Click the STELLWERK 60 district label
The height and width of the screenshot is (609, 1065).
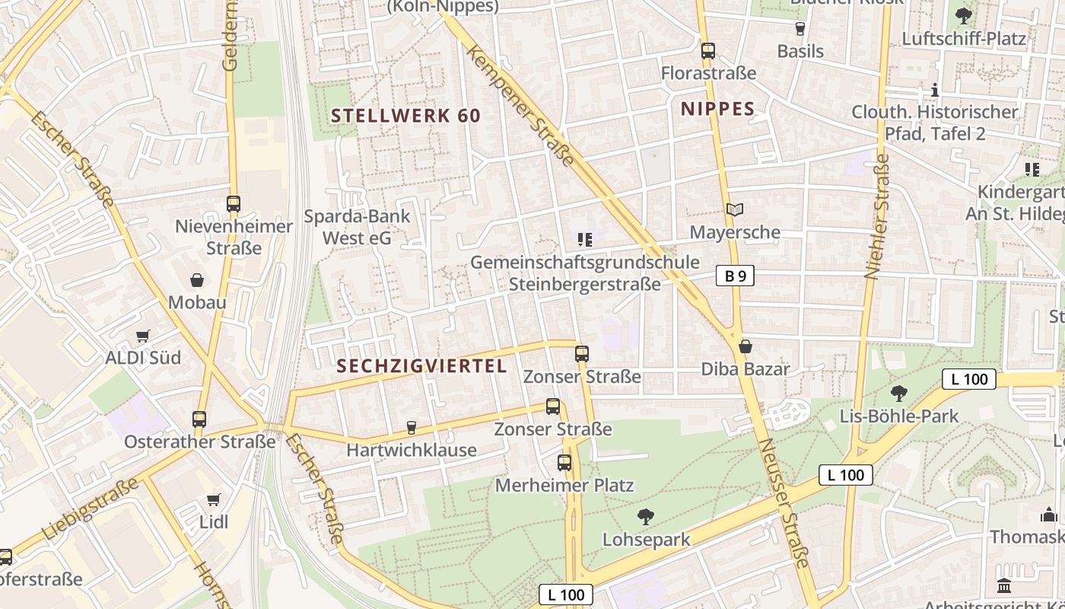(x=406, y=116)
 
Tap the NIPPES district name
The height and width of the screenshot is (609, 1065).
(x=717, y=109)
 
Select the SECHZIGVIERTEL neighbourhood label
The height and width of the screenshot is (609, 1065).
(x=421, y=366)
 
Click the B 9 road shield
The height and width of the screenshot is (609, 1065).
(x=735, y=276)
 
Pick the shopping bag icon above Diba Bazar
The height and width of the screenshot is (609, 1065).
(x=745, y=346)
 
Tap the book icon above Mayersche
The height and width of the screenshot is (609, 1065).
(x=734, y=209)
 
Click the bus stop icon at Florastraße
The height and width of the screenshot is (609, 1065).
(x=708, y=51)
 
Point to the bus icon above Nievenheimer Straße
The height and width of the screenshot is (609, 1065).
(x=234, y=204)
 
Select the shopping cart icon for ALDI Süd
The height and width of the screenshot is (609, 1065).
(x=142, y=336)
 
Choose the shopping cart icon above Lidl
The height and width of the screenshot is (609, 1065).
(x=214, y=500)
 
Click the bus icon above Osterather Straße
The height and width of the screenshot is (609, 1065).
(x=199, y=419)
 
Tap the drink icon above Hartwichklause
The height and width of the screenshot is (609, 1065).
(x=412, y=427)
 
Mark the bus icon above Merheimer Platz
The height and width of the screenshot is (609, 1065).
(x=564, y=462)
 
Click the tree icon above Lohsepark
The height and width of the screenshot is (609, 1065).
(x=646, y=517)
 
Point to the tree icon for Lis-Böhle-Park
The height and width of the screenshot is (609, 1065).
(x=899, y=394)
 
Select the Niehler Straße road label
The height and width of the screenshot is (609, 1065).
(x=877, y=217)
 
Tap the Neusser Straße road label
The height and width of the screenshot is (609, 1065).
(x=783, y=502)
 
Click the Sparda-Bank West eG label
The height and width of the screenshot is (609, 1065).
(x=357, y=227)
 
